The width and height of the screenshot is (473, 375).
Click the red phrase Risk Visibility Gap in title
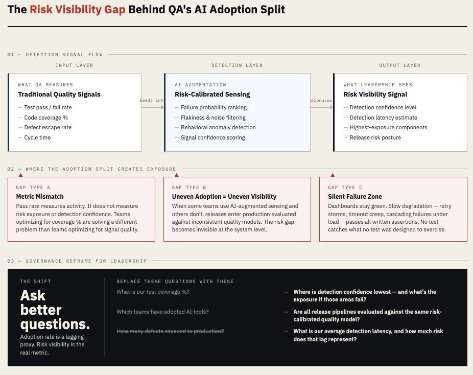point(77,9)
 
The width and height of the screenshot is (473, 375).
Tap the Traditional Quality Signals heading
point(59,95)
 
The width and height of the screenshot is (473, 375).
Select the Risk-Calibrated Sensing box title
point(212,95)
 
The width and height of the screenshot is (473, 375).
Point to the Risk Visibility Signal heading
point(375,95)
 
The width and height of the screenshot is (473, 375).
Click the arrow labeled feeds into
point(152,107)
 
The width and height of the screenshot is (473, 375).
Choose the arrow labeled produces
point(322,107)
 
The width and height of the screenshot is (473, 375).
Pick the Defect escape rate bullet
point(48,128)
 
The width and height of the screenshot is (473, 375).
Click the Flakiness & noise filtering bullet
point(213,118)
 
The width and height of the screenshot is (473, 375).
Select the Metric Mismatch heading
point(40,197)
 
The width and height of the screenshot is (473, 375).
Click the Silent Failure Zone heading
point(355,197)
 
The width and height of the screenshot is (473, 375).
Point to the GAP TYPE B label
point(189,188)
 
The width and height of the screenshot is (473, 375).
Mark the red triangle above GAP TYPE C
point(333,175)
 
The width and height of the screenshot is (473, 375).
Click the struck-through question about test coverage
point(153,292)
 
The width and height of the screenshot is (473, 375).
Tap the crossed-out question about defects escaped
point(170,332)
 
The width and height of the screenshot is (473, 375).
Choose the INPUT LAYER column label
point(75,65)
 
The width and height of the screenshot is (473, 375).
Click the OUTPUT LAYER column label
point(400,65)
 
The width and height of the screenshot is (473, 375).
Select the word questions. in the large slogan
point(55,324)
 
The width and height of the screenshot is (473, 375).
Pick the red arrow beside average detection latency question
point(286,332)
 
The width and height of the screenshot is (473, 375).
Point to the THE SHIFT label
point(36,282)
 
